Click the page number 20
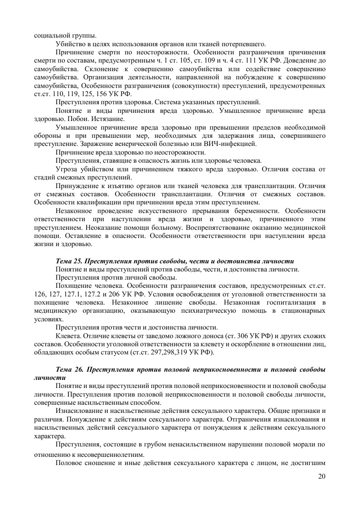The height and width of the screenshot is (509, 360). click(x=321, y=476)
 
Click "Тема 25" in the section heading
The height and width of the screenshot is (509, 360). click(x=68, y=262)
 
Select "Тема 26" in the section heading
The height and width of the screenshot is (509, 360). click(x=68, y=370)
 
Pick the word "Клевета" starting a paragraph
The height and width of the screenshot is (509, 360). click(x=67, y=336)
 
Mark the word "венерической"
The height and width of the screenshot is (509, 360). click(x=130, y=144)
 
